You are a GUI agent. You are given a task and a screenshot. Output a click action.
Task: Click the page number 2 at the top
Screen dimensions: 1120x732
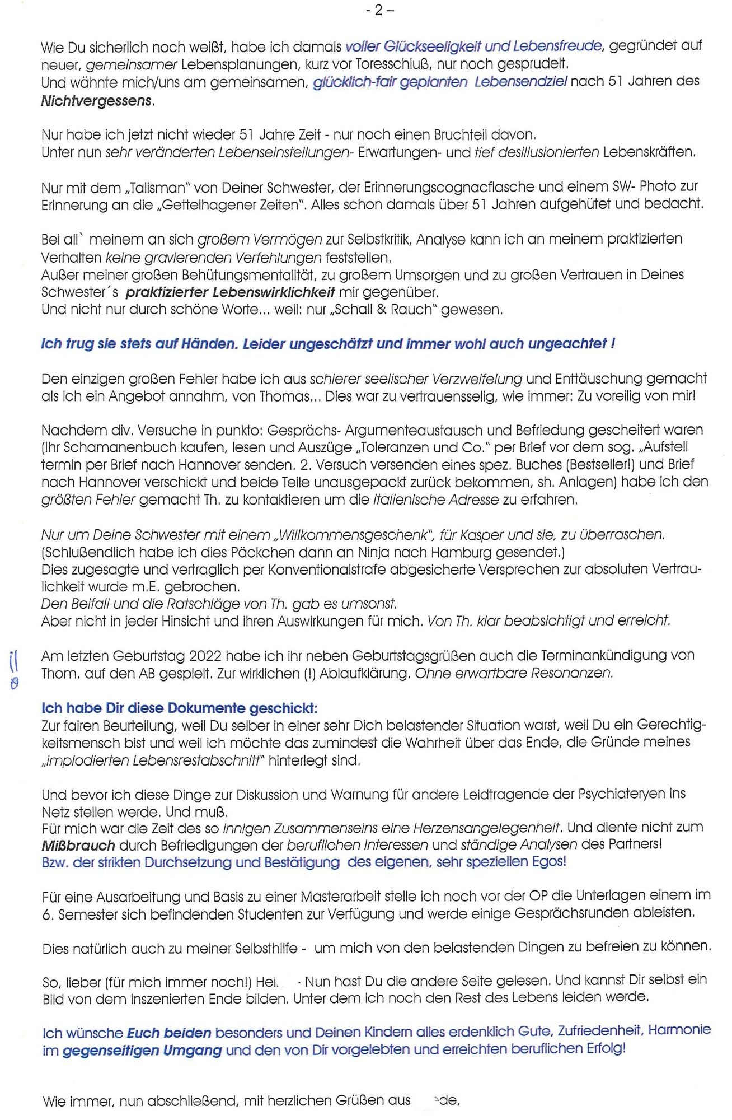click(379, 10)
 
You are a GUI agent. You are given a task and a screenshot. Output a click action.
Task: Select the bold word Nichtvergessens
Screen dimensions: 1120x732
click(97, 101)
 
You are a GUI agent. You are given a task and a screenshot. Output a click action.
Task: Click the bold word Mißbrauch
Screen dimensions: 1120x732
click(78, 846)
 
